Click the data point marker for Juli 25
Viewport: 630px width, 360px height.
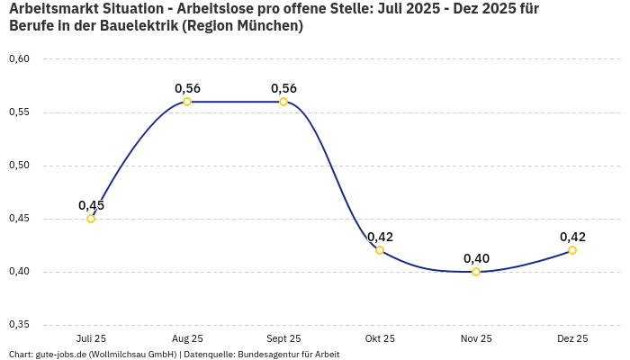[x=91, y=219]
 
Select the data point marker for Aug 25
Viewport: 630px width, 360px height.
[x=187, y=102]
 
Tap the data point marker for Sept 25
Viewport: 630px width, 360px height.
[x=283, y=102]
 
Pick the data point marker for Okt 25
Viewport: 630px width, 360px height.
[x=380, y=250]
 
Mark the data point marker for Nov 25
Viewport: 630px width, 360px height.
[x=476, y=272]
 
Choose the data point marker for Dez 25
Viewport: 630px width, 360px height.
[x=572, y=250]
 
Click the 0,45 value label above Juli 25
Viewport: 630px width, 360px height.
[x=91, y=205]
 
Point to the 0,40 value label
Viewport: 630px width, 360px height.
[x=476, y=258]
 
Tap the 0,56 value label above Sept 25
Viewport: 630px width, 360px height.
[x=283, y=88]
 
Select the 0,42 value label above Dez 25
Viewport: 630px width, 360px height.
[x=572, y=237]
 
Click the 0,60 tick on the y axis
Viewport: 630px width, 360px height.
[x=19, y=59]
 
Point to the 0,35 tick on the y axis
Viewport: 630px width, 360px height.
[x=19, y=325]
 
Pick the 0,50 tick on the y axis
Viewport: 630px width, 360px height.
[x=19, y=166]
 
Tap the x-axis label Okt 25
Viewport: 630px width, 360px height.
[x=380, y=338]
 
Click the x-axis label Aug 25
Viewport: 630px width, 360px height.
[x=187, y=338]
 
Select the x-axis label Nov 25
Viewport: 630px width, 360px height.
[x=476, y=338]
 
